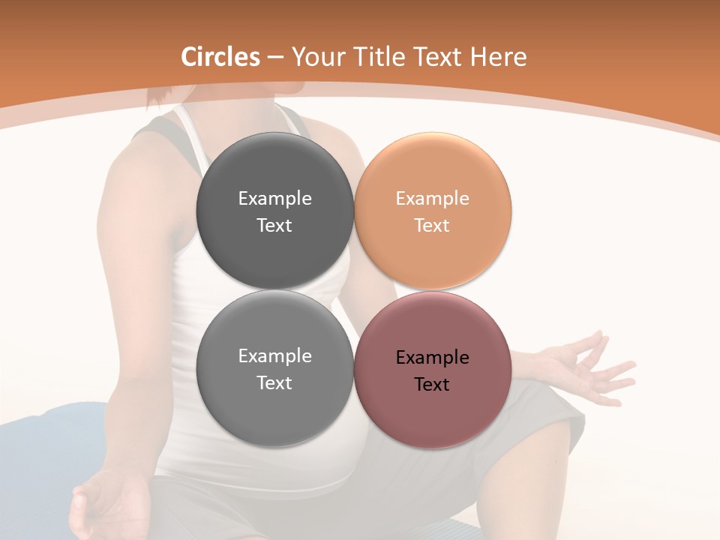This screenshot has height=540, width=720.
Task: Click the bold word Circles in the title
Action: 220,57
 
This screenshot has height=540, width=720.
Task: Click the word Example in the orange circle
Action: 432,199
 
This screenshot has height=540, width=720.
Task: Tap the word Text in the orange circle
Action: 432,226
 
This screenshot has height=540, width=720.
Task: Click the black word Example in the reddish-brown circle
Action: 432,358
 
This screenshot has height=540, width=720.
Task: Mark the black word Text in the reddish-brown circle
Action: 432,385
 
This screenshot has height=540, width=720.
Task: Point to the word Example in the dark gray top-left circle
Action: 274,199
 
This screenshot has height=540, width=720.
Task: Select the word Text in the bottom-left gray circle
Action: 274,383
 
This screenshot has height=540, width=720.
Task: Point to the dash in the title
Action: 275,58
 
